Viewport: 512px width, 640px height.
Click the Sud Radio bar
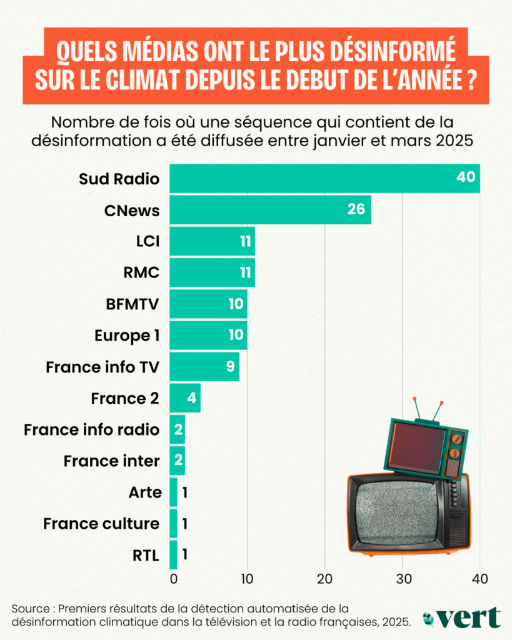313,178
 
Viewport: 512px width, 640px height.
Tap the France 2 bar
185,397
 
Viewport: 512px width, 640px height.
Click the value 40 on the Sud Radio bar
466,177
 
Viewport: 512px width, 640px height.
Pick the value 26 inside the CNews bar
356,209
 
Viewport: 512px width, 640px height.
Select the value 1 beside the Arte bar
185,492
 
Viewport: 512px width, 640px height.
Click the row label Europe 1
127,335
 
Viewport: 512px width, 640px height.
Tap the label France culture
101,523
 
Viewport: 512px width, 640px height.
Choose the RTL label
146,554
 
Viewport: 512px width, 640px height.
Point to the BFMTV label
133,304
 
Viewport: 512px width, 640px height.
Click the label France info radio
91,429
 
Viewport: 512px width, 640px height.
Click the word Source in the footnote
31,608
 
